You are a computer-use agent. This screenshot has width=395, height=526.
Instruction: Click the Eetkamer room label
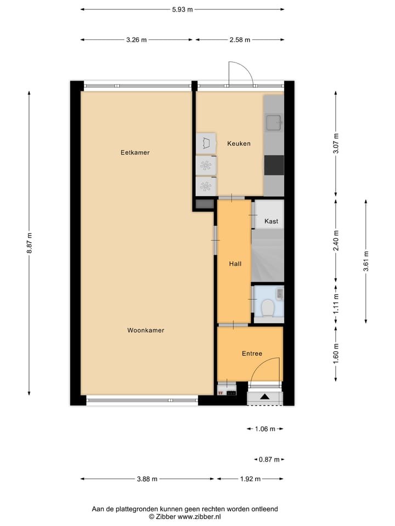coord(135,152)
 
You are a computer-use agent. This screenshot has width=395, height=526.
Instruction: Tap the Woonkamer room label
coord(146,330)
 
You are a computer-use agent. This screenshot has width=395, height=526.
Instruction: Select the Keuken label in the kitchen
coord(239,144)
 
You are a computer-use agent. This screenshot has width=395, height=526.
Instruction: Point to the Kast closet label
coord(271,221)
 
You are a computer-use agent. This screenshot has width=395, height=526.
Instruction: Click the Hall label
coord(235,264)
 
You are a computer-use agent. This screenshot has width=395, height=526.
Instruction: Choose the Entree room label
coord(252,353)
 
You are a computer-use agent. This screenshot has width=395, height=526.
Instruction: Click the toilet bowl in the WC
coord(268,308)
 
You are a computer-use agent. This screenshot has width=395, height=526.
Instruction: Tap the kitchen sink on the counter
coord(273,122)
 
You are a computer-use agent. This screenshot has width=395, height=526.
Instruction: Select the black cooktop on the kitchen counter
coord(274,165)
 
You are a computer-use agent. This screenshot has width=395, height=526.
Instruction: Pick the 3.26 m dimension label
coord(136,39)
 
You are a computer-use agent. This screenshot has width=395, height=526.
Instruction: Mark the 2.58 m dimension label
coord(239,39)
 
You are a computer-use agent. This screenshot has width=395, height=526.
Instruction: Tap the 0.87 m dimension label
coord(269,460)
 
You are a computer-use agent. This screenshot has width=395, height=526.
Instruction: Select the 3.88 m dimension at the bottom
coord(146,479)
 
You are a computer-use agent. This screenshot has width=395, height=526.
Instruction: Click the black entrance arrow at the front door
coord(264,397)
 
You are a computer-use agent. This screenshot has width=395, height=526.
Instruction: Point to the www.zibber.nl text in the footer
coord(199,517)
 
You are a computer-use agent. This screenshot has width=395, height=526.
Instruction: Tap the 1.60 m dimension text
coord(336,353)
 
